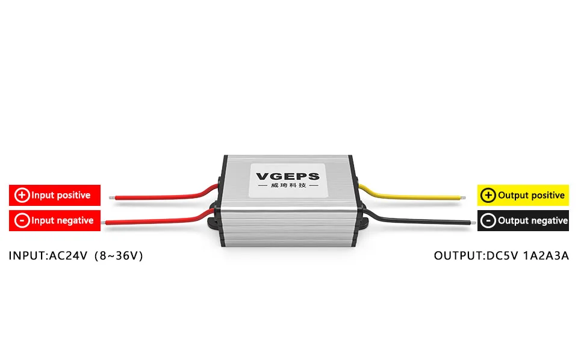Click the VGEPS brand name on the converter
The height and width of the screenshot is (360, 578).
(x=288, y=176)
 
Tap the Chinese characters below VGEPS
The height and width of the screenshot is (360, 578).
(x=288, y=189)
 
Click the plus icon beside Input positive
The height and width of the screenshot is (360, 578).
(x=22, y=195)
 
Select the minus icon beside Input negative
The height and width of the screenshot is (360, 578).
(x=22, y=220)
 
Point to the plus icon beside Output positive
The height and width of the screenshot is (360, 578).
(x=489, y=196)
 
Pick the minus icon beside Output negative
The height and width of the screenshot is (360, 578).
(x=489, y=221)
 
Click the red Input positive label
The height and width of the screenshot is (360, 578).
(x=55, y=195)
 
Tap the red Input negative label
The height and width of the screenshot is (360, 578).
(x=55, y=220)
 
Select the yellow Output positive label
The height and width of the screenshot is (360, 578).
(x=523, y=196)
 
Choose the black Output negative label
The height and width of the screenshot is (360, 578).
(x=523, y=221)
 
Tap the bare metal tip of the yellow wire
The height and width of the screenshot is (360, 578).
(x=465, y=197)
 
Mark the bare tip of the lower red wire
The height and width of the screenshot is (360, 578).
(x=105, y=223)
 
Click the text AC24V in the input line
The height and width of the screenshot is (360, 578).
(x=64, y=256)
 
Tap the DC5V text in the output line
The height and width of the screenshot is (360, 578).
(x=503, y=256)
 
